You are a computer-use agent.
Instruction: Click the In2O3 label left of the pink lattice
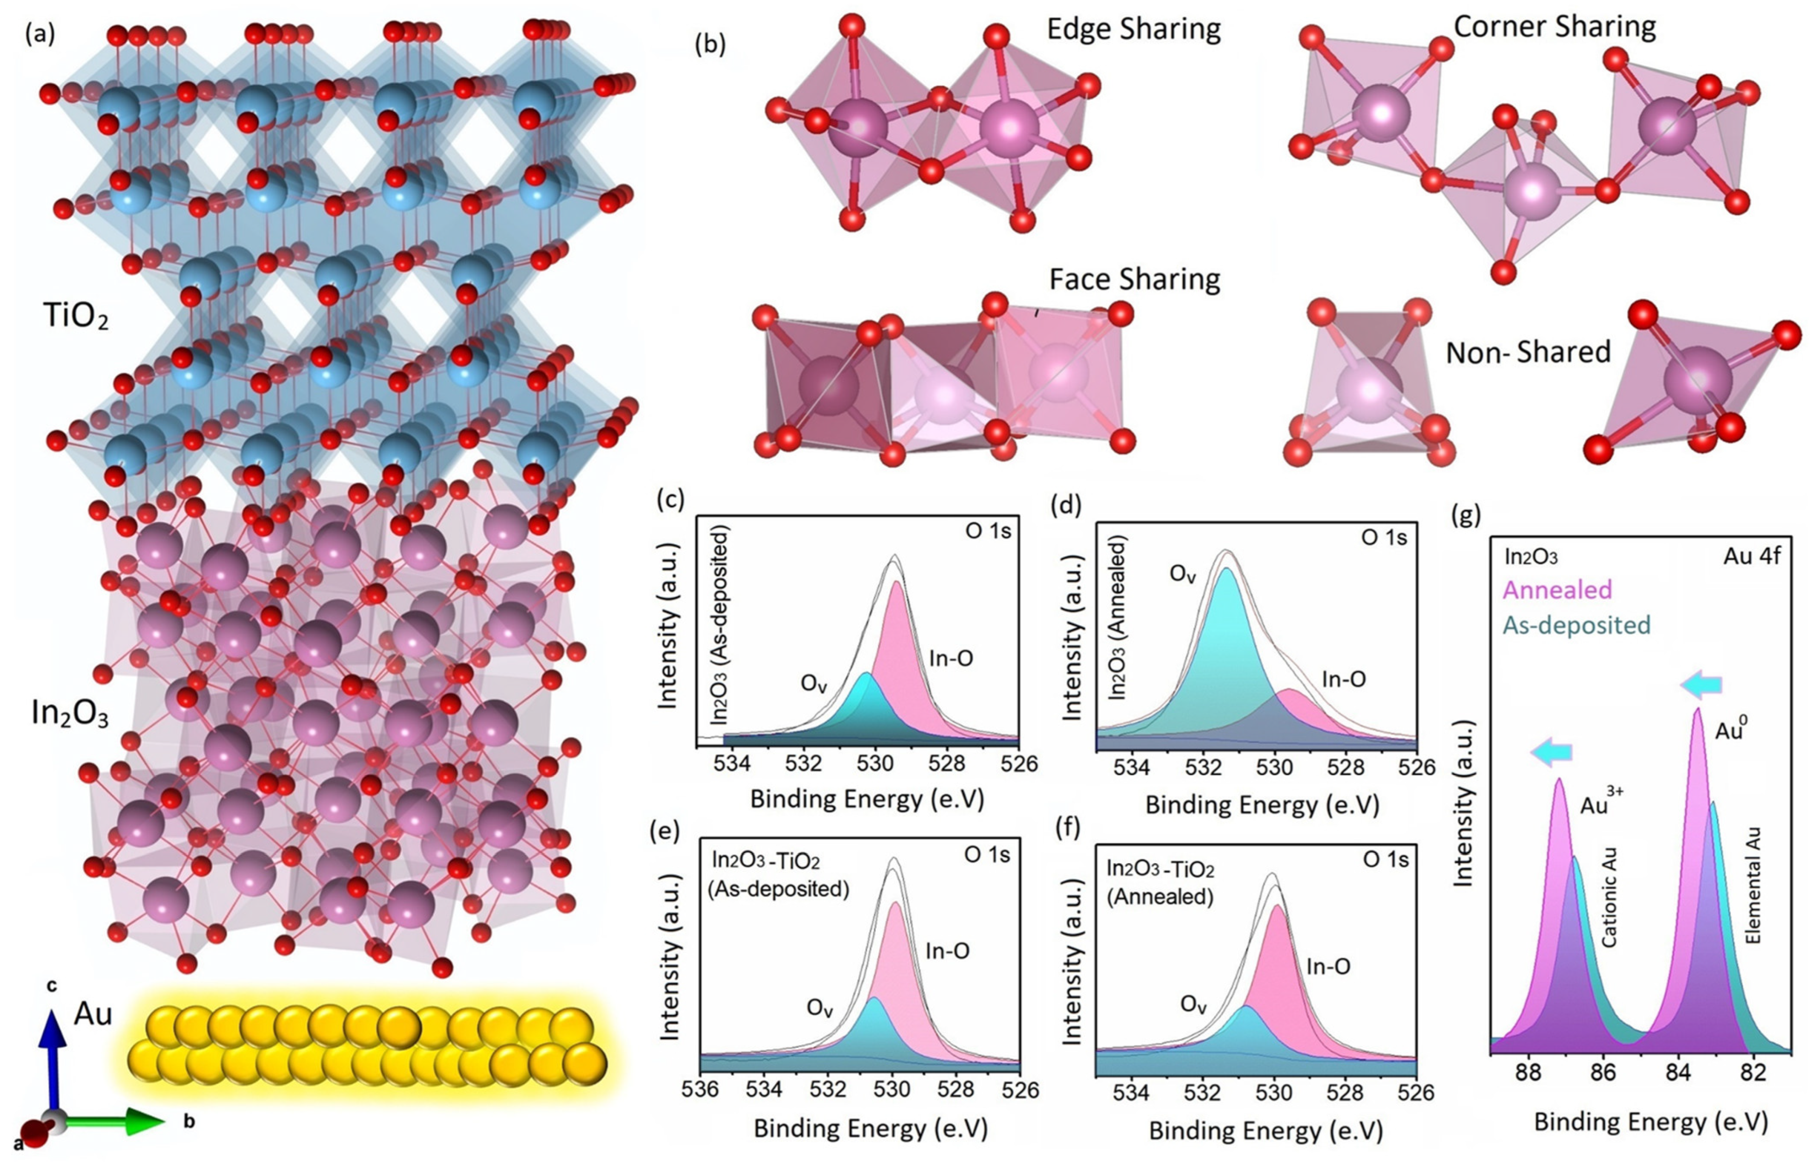(x=70, y=714)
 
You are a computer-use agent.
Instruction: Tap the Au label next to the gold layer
(x=93, y=1014)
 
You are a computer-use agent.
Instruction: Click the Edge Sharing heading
(x=1134, y=29)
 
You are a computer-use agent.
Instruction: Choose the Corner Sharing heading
(x=1554, y=27)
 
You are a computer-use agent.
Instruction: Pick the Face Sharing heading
(x=1134, y=279)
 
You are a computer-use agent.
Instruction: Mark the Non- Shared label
(x=1527, y=352)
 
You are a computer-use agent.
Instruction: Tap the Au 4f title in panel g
(x=1751, y=556)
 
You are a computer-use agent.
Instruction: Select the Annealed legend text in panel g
(x=1557, y=590)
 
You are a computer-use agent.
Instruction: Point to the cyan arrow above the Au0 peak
(x=1701, y=685)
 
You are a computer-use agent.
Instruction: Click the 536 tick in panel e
(x=700, y=1090)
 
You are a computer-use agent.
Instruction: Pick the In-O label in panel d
(x=1344, y=679)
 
